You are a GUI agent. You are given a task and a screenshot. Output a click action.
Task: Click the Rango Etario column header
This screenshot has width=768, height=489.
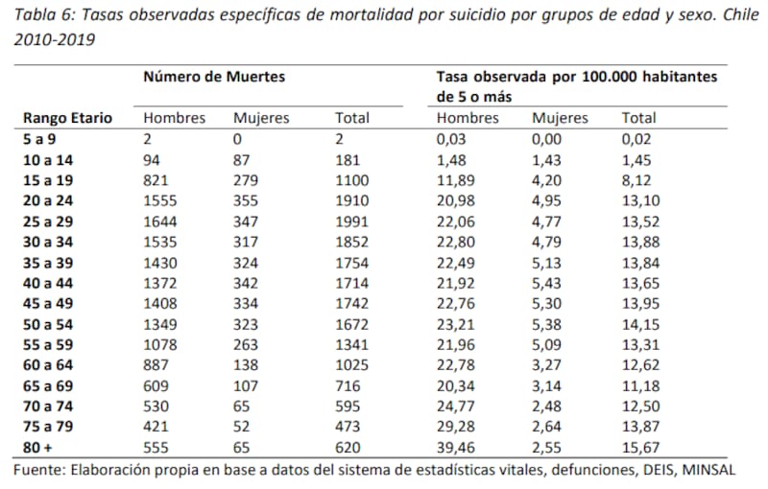click(67, 118)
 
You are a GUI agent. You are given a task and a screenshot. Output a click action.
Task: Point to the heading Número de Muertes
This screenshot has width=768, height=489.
click(214, 75)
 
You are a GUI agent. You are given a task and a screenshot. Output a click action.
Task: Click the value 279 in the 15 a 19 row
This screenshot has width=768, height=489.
click(246, 180)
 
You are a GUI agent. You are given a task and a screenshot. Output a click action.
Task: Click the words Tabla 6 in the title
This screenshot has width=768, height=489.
click(44, 16)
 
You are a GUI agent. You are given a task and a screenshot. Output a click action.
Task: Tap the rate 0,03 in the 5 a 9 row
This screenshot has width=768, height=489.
click(452, 138)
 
